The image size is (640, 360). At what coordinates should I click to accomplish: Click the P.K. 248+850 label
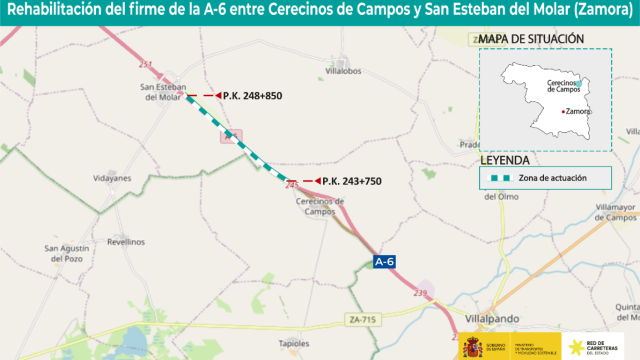(x=254, y=96)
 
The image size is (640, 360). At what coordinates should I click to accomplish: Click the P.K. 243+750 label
(x=352, y=181)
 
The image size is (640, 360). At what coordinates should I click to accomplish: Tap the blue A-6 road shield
(x=385, y=262)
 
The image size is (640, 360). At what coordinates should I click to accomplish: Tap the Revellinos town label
(x=126, y=242)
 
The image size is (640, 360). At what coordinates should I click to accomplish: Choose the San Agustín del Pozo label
(x=68, y=252)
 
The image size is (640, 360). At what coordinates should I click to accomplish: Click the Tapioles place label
(x=294, y=343)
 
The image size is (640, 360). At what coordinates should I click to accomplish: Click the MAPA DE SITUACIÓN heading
(x=531, y=39)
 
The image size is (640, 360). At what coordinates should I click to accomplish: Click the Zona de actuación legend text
(x=552, y=178)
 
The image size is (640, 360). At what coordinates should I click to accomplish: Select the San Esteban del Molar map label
(x=163, y=92)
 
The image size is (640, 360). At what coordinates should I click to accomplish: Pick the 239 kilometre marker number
(x=421, y=292)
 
